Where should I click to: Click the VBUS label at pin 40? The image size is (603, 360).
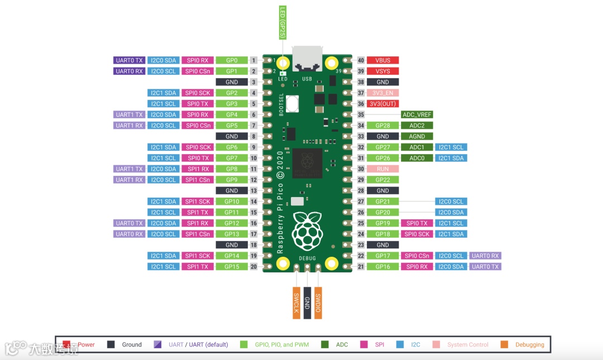coord(382,60)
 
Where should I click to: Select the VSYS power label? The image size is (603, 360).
coord(382,71)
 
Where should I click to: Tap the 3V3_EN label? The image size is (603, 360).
coord(382,93)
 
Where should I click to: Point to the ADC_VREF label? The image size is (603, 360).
coord(417,115)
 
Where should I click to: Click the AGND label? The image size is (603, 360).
coord(417,136)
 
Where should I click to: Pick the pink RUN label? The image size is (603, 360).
coord(382,169)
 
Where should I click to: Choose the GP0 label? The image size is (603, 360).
coord(232,60)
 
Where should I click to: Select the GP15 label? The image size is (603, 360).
coord(232,267)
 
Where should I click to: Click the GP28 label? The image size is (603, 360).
coord(382,126)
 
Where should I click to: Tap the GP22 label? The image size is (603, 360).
coord(382,180)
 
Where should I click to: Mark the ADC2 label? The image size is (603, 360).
coord(417,126)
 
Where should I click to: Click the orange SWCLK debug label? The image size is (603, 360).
coord(296,303)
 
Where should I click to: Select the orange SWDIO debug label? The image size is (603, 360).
coord(318,303)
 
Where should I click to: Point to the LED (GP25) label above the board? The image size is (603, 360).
coord(283,23)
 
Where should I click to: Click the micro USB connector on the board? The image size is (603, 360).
coord(307,58)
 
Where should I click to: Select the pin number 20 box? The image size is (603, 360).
coord(253,267)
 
